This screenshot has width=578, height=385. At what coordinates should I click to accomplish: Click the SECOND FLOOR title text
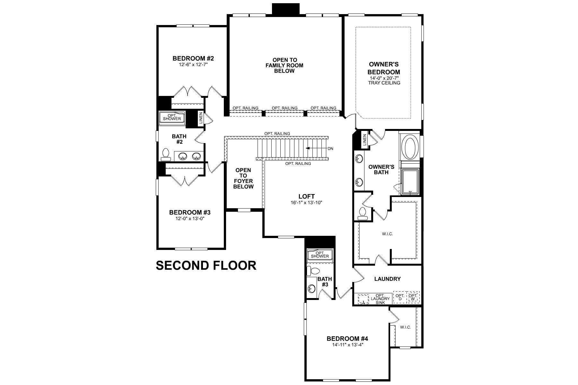coord(206,266)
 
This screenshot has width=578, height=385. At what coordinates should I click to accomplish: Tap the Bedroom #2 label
coord(193,58)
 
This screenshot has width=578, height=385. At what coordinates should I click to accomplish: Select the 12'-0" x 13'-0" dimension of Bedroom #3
coord(190,218)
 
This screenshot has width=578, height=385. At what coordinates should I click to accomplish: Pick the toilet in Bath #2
coord(166,155)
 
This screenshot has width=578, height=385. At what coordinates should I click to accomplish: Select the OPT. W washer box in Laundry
coord(413,297)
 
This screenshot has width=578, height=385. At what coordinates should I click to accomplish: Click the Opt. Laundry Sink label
coord(380,299)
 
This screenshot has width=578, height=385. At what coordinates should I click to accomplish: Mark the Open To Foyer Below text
coord(243,178)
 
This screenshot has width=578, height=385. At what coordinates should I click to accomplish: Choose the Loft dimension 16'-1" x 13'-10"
coord(306,202)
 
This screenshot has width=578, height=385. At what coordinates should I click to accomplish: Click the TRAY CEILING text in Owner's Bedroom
coord(384,83)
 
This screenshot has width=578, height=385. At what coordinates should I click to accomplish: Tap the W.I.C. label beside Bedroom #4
coord(405,327)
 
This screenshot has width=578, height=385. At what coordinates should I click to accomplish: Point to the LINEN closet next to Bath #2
coord(201,118)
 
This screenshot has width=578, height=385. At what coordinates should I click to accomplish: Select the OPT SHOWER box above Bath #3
coord(320,255)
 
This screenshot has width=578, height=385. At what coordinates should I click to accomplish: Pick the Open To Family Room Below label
coord(284,65)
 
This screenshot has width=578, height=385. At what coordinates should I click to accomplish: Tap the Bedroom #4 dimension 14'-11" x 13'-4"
coord(347,345)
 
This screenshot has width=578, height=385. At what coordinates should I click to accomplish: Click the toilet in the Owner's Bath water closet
coord(363,213)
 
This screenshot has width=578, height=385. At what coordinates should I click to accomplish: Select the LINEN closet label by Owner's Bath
coord(364,140)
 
